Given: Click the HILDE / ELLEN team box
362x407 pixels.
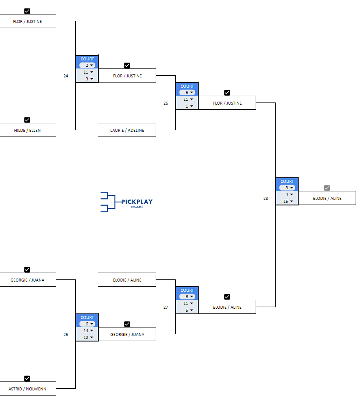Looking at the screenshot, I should [27, 130].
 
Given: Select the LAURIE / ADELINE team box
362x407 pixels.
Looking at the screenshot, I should [127, 130].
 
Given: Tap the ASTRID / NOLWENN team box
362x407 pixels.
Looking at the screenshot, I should [27, 389].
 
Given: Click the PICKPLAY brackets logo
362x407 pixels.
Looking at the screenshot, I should [126, 202].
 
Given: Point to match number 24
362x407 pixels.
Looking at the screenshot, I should [66, 76].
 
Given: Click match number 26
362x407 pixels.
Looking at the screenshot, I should [165, 103].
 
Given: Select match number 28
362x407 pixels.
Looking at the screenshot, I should [265, 198].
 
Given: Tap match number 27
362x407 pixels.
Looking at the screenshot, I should [165, 307].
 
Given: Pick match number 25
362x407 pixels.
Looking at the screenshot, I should [66, 334].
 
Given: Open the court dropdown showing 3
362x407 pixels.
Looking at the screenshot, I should [287, 188].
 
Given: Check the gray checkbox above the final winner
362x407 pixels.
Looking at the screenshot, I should [327, 188].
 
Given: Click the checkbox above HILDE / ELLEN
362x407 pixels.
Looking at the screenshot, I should [27, 120].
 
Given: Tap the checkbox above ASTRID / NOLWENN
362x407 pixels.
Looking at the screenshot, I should [27, 379].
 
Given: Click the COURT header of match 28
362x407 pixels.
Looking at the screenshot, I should [287, 182].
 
